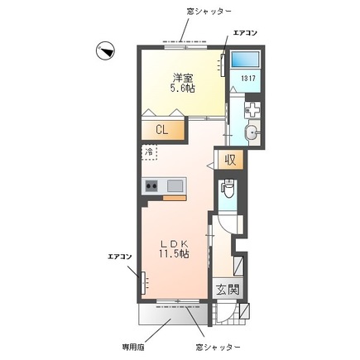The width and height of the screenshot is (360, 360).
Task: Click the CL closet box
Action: (x=164, y=130)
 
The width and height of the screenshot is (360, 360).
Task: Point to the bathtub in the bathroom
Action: (x=244, y=60)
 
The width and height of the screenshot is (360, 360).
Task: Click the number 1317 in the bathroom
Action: (x=247, y=79)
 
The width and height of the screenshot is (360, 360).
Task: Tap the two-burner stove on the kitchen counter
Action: (x=152, y=185)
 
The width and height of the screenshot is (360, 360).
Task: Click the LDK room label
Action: (x=175, y=243)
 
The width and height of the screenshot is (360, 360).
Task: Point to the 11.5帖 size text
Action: (x=175, y=255)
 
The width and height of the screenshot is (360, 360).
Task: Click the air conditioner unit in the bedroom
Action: (x=223, y=65)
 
